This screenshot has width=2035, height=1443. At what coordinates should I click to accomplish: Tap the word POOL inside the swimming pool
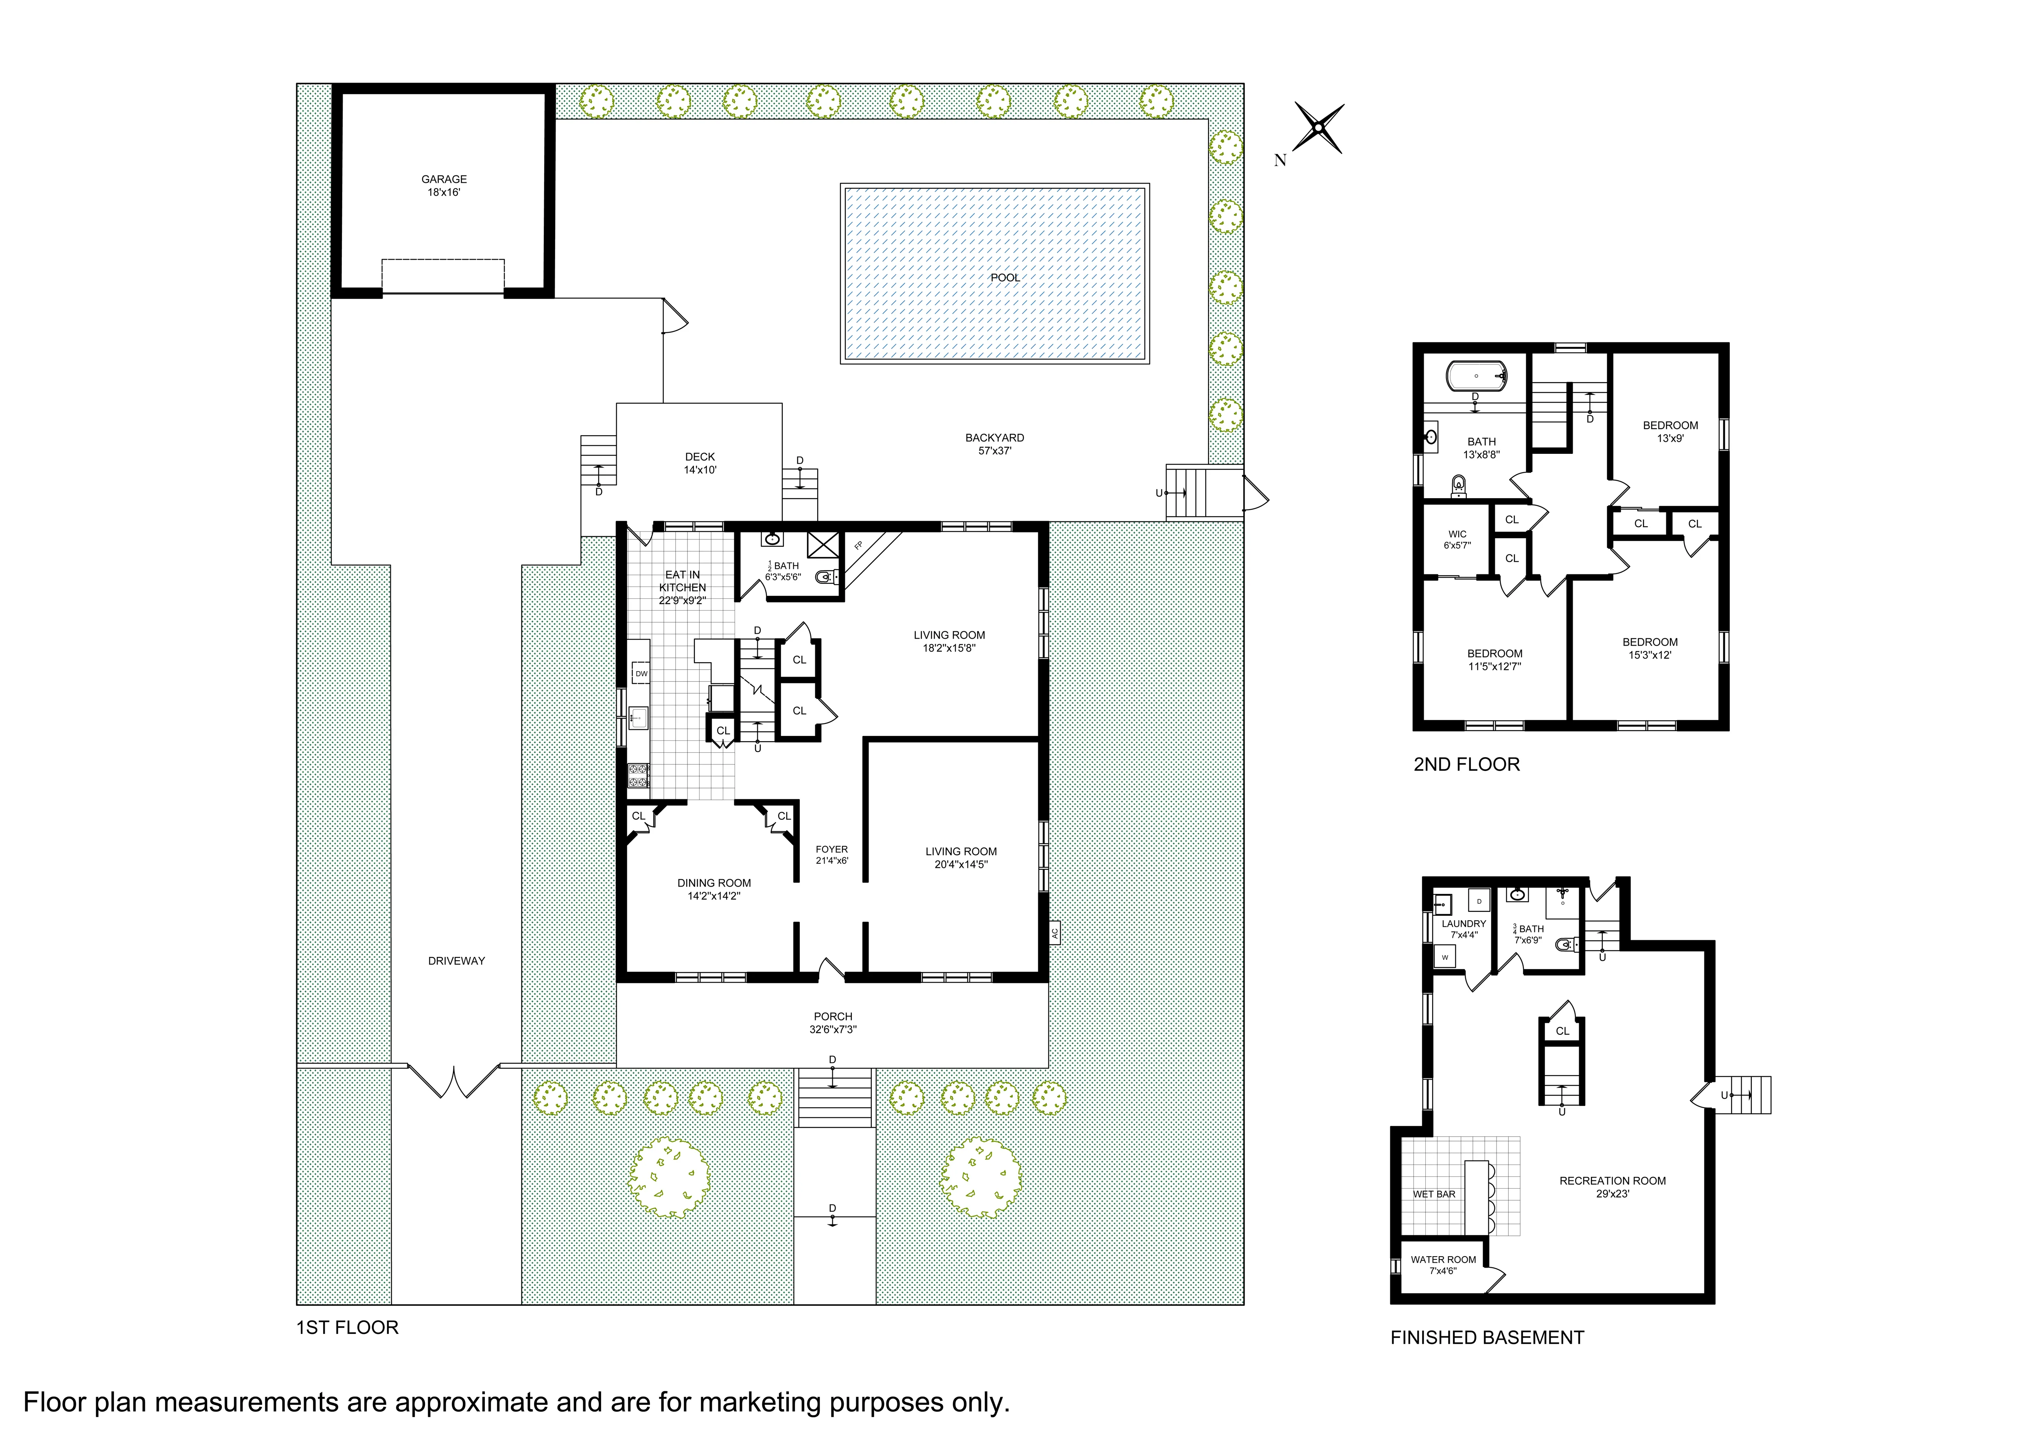click(1004, 277)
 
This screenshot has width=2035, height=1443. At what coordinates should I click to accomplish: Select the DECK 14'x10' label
click(700, 463)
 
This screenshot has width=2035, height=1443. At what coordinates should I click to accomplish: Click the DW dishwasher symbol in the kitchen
click(641, 674)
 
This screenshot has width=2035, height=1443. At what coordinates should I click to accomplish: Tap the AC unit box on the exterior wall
click(1055, 932)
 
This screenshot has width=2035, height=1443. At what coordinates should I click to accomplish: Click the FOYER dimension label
click(832, 855)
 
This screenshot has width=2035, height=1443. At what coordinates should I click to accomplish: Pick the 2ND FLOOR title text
click(1466, 764)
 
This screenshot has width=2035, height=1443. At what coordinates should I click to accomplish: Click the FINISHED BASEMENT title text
click(1487, 1337)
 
